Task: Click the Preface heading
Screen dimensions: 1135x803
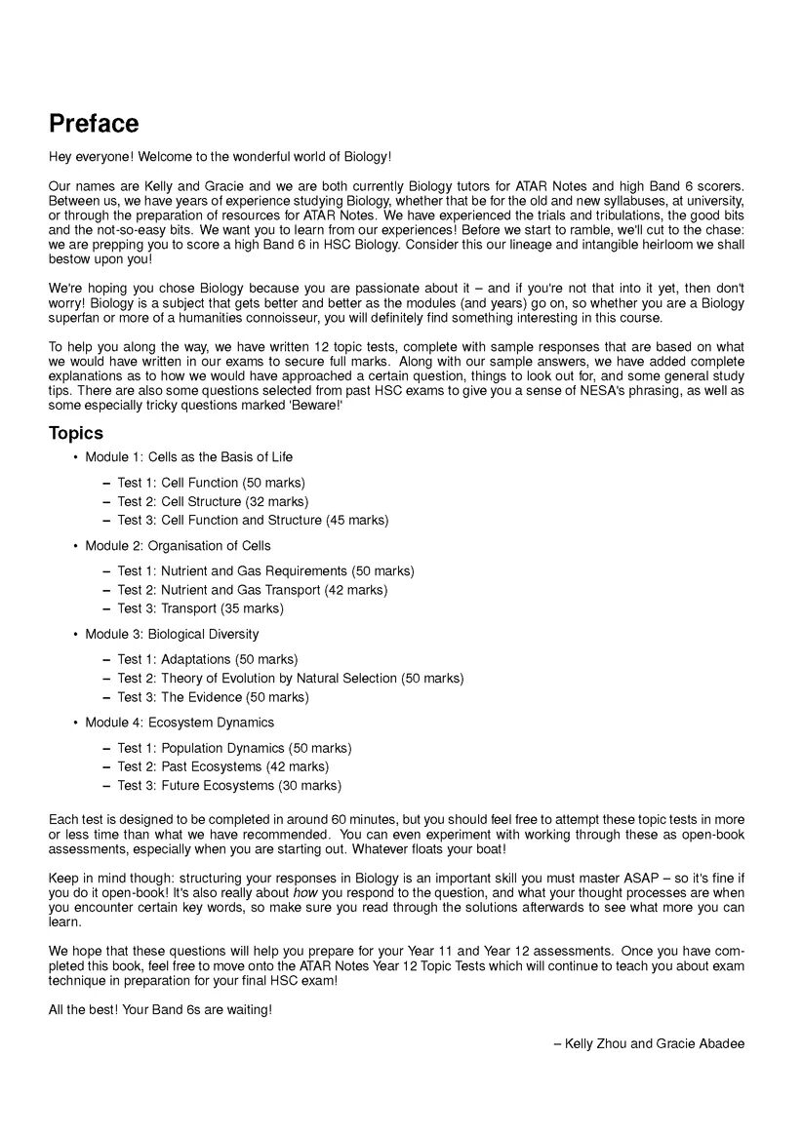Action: pyautogui.click(x=94, y=125)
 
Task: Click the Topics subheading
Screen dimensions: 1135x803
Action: pyautogui.click(x=76, y=433)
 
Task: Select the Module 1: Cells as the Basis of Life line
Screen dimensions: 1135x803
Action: pyautogui.click(x=188, y=457)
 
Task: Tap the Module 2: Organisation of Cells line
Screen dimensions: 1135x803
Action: pyautogui.click(x=178, y=546)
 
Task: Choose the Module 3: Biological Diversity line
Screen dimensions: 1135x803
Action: pyautogui.click(x=172, y=635)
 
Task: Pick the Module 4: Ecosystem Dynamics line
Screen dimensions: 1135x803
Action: pyautogui.click(x=180, y=723)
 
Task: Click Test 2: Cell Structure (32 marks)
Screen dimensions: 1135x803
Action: pyautogui.click(x=213, y=502)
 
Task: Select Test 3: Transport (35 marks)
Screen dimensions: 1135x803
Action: pyautogui.click(x=200, y=608)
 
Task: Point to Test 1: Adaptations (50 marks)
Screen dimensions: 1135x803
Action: pyautogui.click(x=208, y=660)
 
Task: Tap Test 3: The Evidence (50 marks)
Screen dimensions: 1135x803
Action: pyautogui.click(x=213, y=697)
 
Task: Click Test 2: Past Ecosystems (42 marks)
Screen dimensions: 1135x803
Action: pyautogui.click(x=222, y=767)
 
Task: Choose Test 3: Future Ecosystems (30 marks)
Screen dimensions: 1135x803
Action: pyautogui.click(x=229, y=786)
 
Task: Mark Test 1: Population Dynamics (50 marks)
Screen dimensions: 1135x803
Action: pyautogui.click(x=234, y=749)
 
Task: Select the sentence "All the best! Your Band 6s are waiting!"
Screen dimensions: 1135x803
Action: pyautogui.click(x=160, y=1010)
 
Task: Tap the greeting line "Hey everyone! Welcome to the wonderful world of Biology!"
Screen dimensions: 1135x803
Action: pyautogui.click(x=220, y=157)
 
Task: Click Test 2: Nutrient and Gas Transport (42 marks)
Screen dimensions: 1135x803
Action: pyautogui.click(x=252, y=590)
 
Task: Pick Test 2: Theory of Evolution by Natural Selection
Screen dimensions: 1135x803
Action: pyautogui.click(x=290, y=679)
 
